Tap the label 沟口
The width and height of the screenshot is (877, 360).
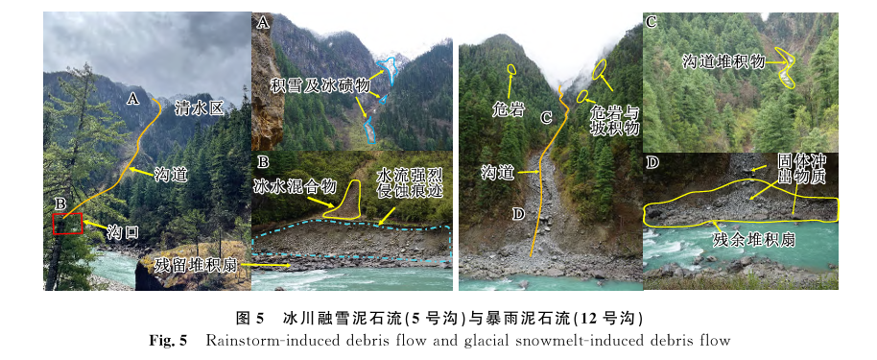point(123,231)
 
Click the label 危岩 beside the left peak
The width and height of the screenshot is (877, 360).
point(509,109)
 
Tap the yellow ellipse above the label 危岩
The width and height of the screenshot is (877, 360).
point(510,69)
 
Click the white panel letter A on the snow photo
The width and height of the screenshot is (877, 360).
point(262,22)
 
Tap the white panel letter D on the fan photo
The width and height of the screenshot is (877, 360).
point(652,162)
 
